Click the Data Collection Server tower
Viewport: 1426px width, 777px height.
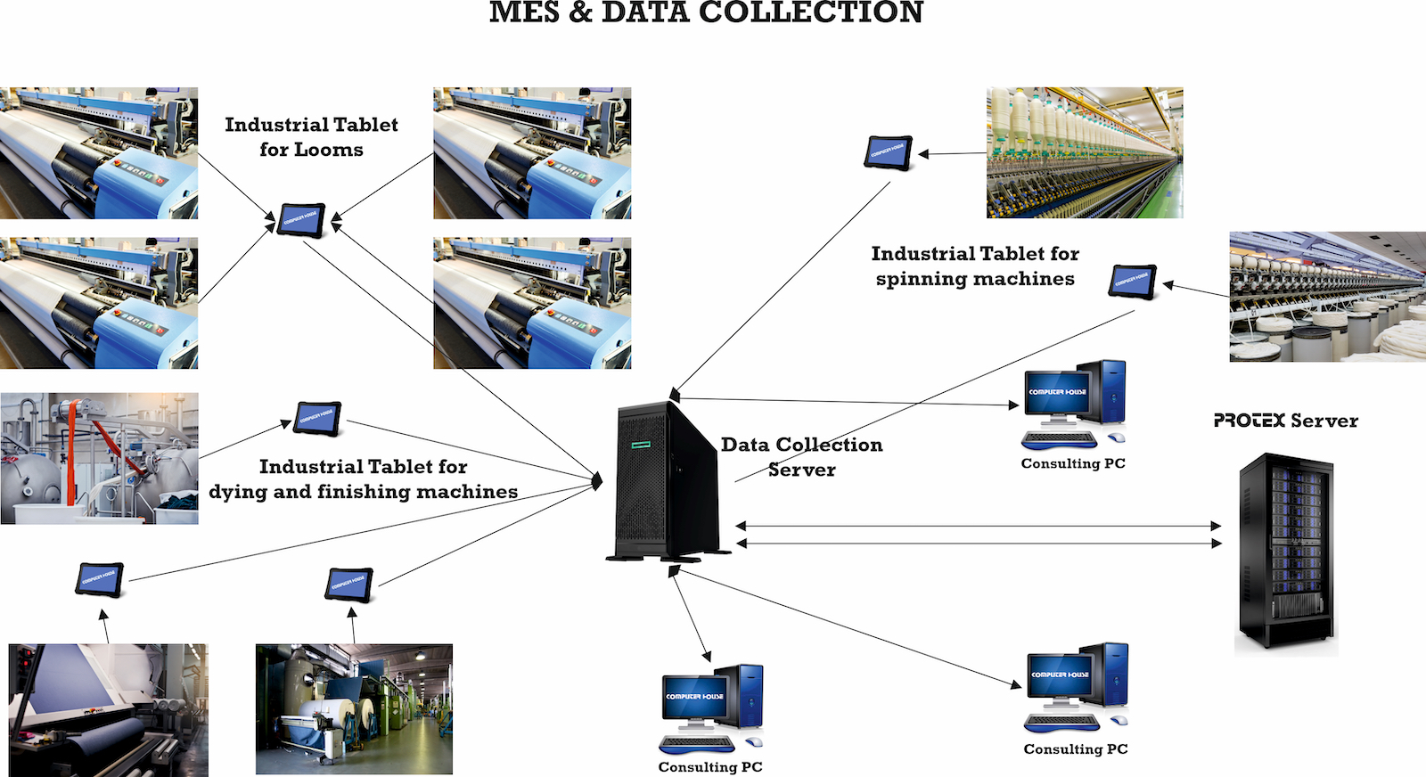coord(664,481)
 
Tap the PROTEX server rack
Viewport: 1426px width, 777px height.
coord(1285,552)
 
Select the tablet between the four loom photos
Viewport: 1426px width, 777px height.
coord(301,219)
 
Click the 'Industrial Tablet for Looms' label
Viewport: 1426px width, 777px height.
coord(311,137)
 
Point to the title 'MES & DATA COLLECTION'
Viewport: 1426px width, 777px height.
coord(706,12)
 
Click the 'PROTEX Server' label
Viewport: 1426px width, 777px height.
coord(1285,421)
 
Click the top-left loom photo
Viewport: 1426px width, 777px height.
coord(99,153)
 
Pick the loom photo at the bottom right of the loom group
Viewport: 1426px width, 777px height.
coord(532,303)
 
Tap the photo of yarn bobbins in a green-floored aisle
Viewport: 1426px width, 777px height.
coord(1085,153)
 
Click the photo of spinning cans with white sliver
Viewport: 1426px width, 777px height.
coord(1327,297)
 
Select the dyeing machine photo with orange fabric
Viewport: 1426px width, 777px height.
coord(99,458)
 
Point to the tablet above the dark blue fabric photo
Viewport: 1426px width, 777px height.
coord(99,580)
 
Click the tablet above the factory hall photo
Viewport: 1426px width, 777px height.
coord(348,585)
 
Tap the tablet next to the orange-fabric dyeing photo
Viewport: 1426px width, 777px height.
coord(318,418)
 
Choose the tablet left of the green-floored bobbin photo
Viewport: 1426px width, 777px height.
coord(889,152)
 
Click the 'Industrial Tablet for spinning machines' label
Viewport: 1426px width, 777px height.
coord(975,266)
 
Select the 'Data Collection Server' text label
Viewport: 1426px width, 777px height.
coord(801,456)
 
